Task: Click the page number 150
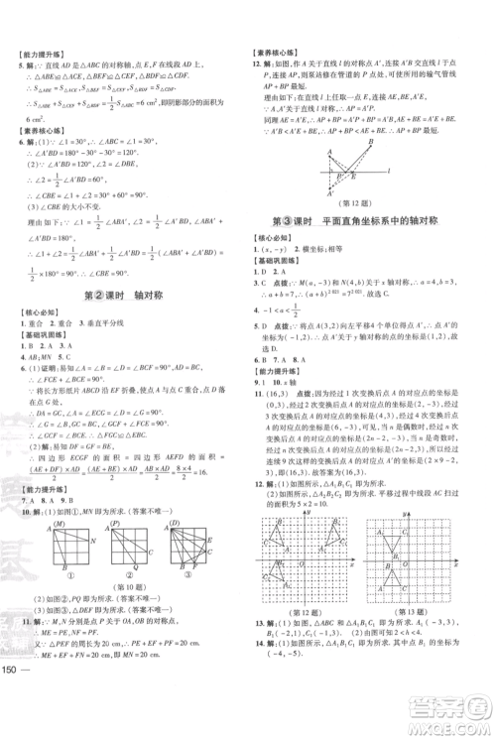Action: click(x=15, y=716)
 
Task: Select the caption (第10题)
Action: click(x=127, y=585)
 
